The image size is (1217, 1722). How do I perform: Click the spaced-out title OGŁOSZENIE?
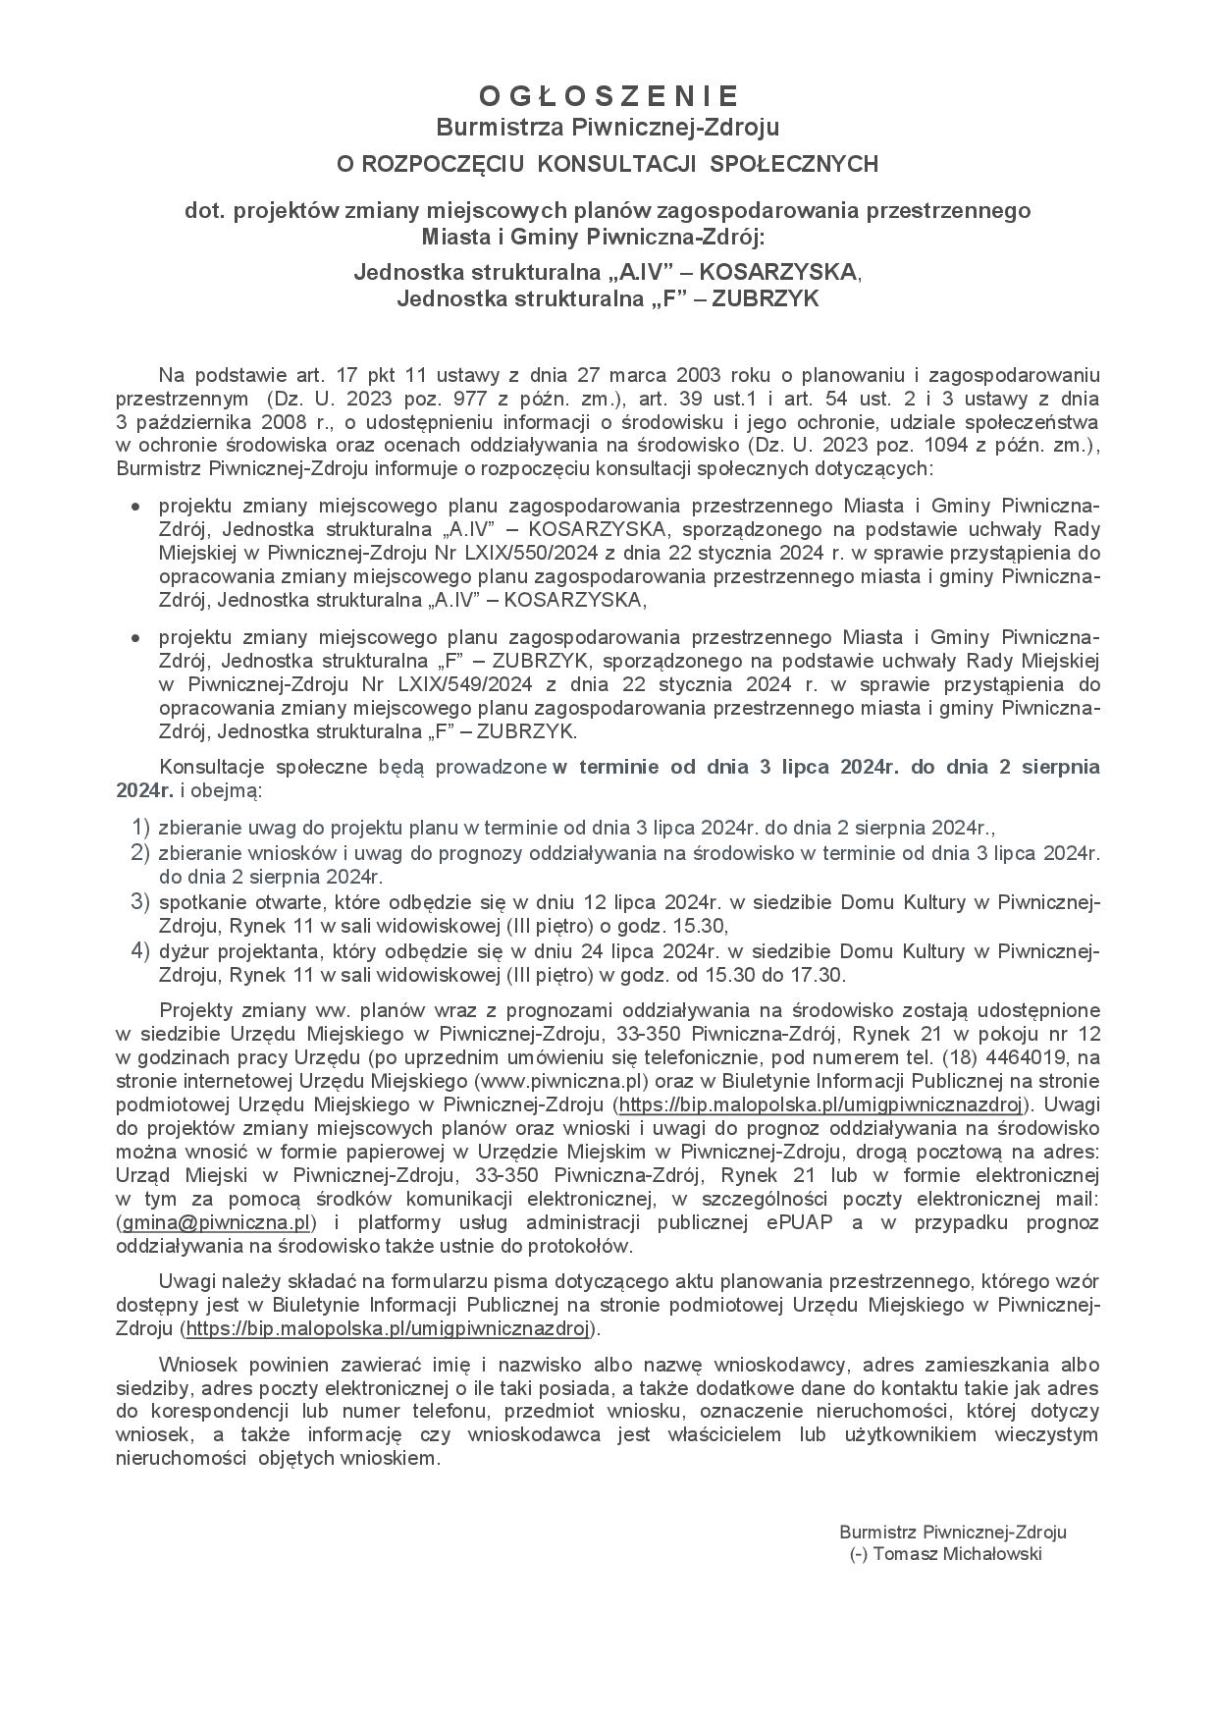(608, 95)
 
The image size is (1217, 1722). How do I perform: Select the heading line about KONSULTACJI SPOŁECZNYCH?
(608, 164)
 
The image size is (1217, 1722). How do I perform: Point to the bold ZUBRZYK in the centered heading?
(765, 298)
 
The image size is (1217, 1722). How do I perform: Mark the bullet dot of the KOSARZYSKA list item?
(136, 507)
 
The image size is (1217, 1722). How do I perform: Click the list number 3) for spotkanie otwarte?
(140, 901)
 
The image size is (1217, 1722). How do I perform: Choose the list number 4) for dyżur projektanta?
(140, 950)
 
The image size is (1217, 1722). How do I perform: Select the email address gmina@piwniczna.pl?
(216, 1222)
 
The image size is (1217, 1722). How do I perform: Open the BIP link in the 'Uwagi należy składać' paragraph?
(389, 1328)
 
